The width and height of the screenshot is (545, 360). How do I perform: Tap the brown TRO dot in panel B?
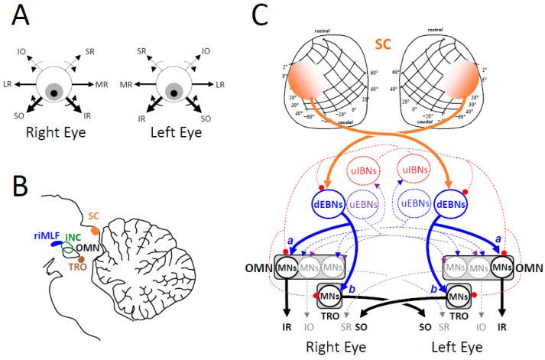[x=82, y=260]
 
